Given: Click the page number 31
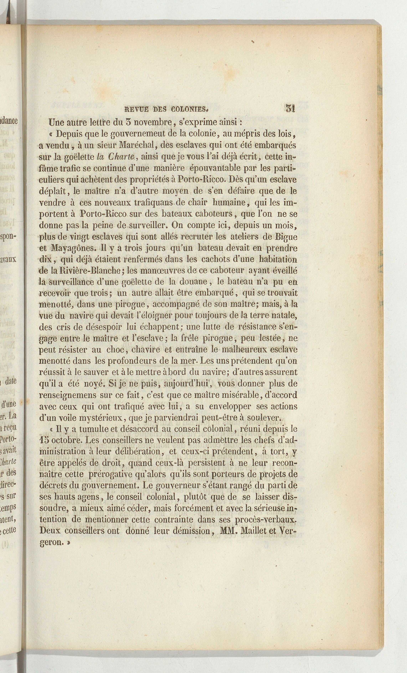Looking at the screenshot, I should tap(290, 108).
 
